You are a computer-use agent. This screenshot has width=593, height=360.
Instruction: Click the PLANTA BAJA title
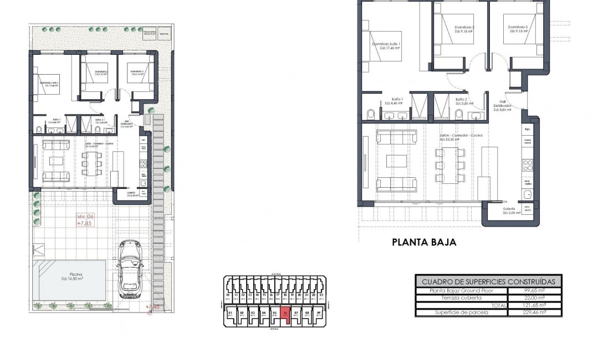[424, 242]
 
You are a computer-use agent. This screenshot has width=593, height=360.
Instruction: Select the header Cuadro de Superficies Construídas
[488, 281]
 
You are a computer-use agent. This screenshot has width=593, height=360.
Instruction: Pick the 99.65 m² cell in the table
[534, 291]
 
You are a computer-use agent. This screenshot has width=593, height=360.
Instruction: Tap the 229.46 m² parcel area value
[534, 312]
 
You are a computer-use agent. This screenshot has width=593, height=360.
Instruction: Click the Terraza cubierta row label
[461, 298]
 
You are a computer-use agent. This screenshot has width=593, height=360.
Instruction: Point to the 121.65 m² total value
[534, 305]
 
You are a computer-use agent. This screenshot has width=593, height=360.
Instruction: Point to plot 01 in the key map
[231, 314]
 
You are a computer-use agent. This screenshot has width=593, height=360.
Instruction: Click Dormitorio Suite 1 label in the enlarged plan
[386, 45]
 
